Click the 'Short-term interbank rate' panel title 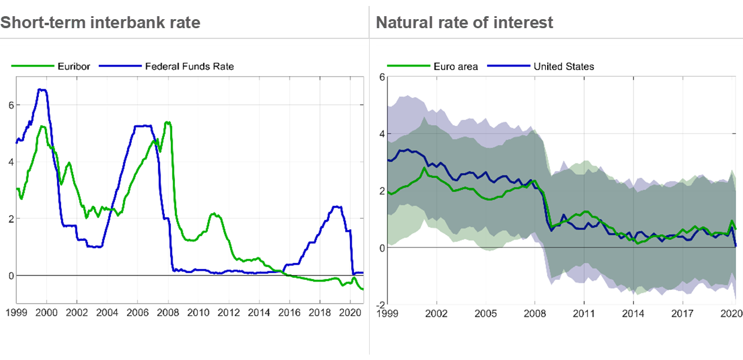(x=100, y=23)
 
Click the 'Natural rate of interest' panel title (x=464, y=23)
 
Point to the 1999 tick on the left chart (x=16, y=313)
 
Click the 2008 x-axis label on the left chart (x=168, y=313)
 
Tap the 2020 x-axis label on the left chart (x=350, y=313)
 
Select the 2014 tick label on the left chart (x=259, y=313)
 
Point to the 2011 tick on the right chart (x=584, y=313)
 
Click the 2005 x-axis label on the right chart (x=486, y=313)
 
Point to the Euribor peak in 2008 (x=168, y=123)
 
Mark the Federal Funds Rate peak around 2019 (x=337, y=207)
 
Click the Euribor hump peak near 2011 (x=214, y=214)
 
